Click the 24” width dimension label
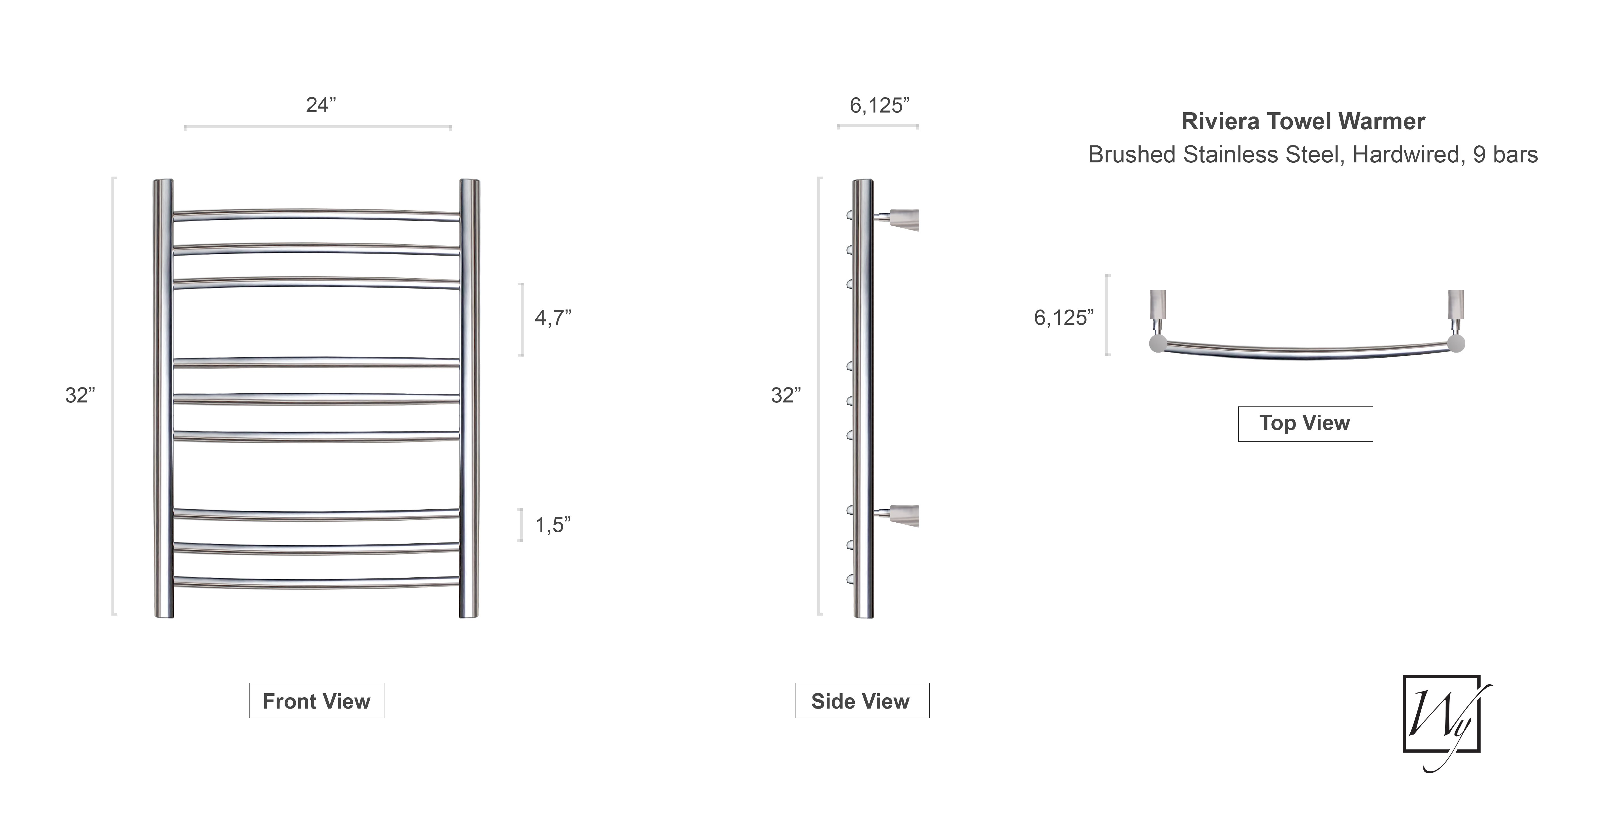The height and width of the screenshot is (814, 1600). click(321, 105)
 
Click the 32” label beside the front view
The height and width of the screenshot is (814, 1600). click(80, 395)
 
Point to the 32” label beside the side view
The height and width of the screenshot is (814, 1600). click(786, 395)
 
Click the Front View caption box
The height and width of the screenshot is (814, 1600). click(317, 700)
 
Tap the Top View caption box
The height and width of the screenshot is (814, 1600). click(1305, 423)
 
